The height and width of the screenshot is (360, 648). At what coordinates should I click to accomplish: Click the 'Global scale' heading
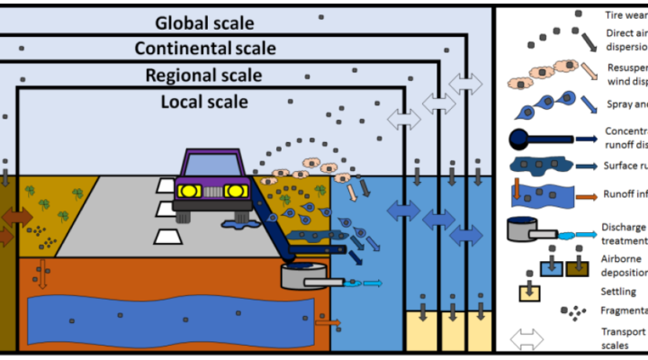[x=205, y=22]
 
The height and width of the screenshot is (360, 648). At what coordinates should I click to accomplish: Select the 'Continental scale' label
[x=205, y=49]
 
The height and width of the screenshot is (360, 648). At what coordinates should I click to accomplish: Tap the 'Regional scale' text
[x=203, y=76]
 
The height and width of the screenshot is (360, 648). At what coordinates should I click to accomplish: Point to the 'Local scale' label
[x=205, y=102]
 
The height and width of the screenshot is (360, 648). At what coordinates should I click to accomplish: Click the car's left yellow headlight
[x=189, y=191]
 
